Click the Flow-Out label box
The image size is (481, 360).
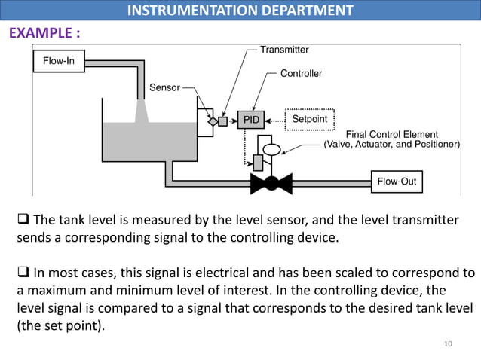(x=397, y=182)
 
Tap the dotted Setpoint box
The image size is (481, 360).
(x=309, y=120)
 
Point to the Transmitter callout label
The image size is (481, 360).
(x=284, y=50)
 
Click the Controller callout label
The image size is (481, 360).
(x=301, y=74)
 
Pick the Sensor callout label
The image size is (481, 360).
(x=164, y=87)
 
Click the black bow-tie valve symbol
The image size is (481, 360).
(x=271, y=183)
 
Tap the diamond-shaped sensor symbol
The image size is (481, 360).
(x=213, y=121)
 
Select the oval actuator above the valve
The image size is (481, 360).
(x=271, y=148)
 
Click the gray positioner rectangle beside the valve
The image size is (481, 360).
(x=258, y=161)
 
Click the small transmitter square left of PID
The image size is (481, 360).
(x=223, y=121)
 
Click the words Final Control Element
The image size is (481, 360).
(x=391, y=135)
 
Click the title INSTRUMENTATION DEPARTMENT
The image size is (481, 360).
(x=240, y=10)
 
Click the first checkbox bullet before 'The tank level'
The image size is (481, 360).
(x=23, y=221)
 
